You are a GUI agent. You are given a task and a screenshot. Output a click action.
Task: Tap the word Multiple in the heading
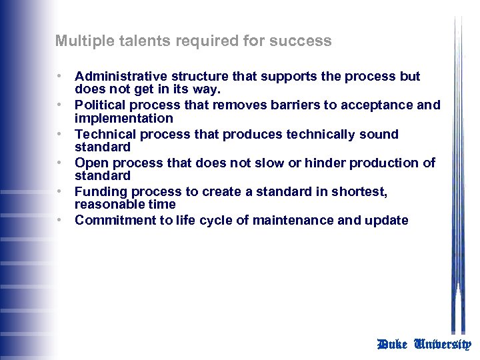tap(81, 41)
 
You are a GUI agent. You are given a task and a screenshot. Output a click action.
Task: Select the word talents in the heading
tap(132, 41)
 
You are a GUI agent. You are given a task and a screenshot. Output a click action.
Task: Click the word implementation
tap(123, 118)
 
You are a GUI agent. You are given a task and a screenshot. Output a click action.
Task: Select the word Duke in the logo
tap(392, 344)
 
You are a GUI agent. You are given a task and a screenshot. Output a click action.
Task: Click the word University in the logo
tap(442, 344)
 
